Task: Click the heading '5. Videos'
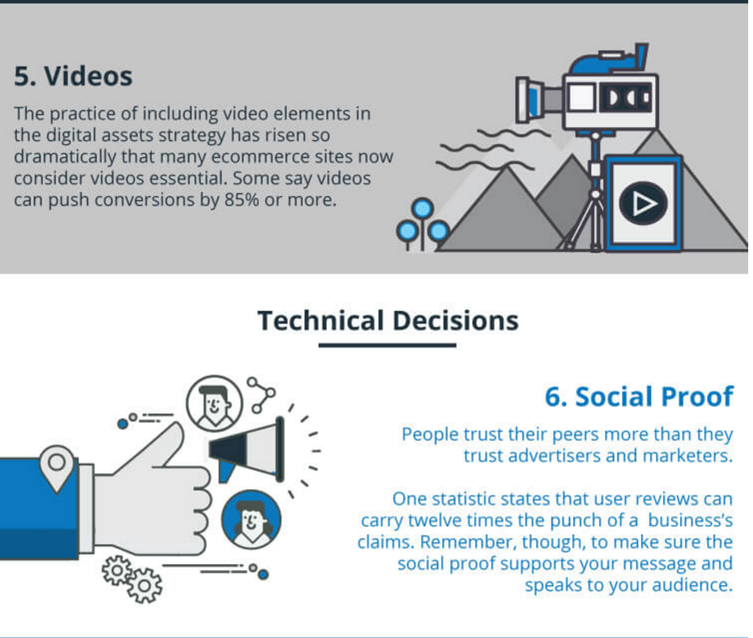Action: [73, 77]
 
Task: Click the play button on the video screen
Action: [643, 203]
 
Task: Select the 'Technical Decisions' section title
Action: [388, 321]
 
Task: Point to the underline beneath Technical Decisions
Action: [387, 346]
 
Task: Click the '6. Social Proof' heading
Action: [638, 397]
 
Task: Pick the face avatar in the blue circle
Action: [251, 520]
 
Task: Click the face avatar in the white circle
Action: [214, 403]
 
